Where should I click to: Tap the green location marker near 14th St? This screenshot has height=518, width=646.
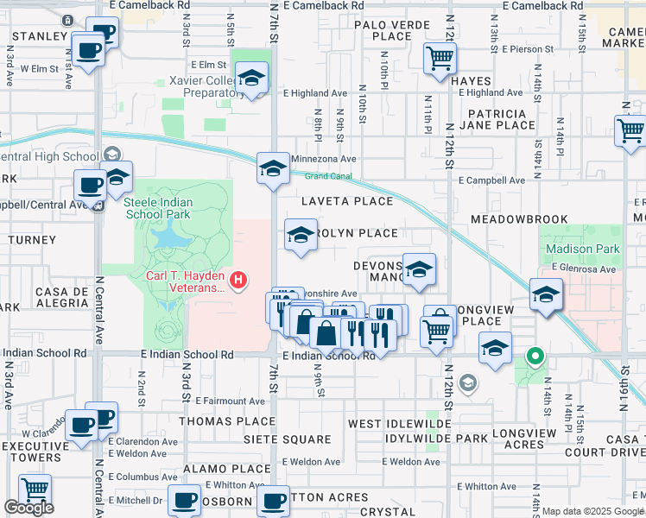pyautogui.click(x=535, y=355)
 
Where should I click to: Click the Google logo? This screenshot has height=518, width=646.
pyautogui.click(x=28, y=508)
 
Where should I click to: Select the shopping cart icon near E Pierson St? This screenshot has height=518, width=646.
pyautogui.click(x=440, y=59)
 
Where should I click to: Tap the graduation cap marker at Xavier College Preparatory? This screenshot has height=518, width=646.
pyautogui.click(x=251, y=79)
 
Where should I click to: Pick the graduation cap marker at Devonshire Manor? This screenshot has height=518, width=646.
pyautogui.click(x=419, y=269)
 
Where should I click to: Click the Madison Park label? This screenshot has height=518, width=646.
pyautogui.click(x=582, y=249)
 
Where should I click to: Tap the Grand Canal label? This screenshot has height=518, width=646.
pyautogui.click(x=327, y=176)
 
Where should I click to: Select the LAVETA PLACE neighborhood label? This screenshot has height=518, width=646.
pyautogui.click(x=346, y=201)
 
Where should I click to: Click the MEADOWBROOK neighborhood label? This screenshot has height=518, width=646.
pyautogui.click(x=518, y=220)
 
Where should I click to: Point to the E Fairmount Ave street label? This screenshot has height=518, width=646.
pyautogui.click(x=230, y=401)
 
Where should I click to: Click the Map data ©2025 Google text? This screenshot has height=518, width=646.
pyautogui.click(x=592, y=511)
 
